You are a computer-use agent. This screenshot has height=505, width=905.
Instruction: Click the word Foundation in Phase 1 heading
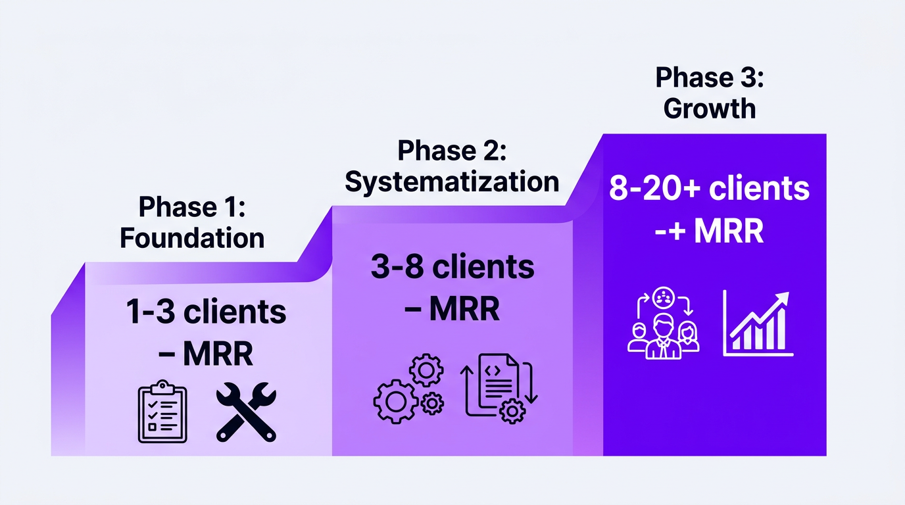192,237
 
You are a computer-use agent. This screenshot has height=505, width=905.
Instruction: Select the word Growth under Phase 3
710,108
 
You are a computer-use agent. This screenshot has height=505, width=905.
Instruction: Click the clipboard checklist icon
162,412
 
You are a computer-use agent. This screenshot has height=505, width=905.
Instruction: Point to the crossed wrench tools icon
247,412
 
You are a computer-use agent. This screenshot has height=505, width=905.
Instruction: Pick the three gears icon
408,389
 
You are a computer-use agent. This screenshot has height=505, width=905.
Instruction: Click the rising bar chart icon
758,324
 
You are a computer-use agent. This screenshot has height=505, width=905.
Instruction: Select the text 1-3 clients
206,312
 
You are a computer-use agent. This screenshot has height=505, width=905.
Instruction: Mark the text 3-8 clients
452,267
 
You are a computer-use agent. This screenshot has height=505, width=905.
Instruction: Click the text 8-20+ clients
709,189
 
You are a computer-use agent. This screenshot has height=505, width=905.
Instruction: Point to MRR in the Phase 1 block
218,354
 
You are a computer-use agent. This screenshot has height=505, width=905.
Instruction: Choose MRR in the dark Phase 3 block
727,231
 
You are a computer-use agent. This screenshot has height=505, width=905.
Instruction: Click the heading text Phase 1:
191,208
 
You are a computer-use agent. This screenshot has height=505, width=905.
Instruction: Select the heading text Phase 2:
452,151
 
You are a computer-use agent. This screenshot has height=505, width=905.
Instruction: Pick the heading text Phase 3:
710,78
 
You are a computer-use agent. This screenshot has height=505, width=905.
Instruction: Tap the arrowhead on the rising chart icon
782,299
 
